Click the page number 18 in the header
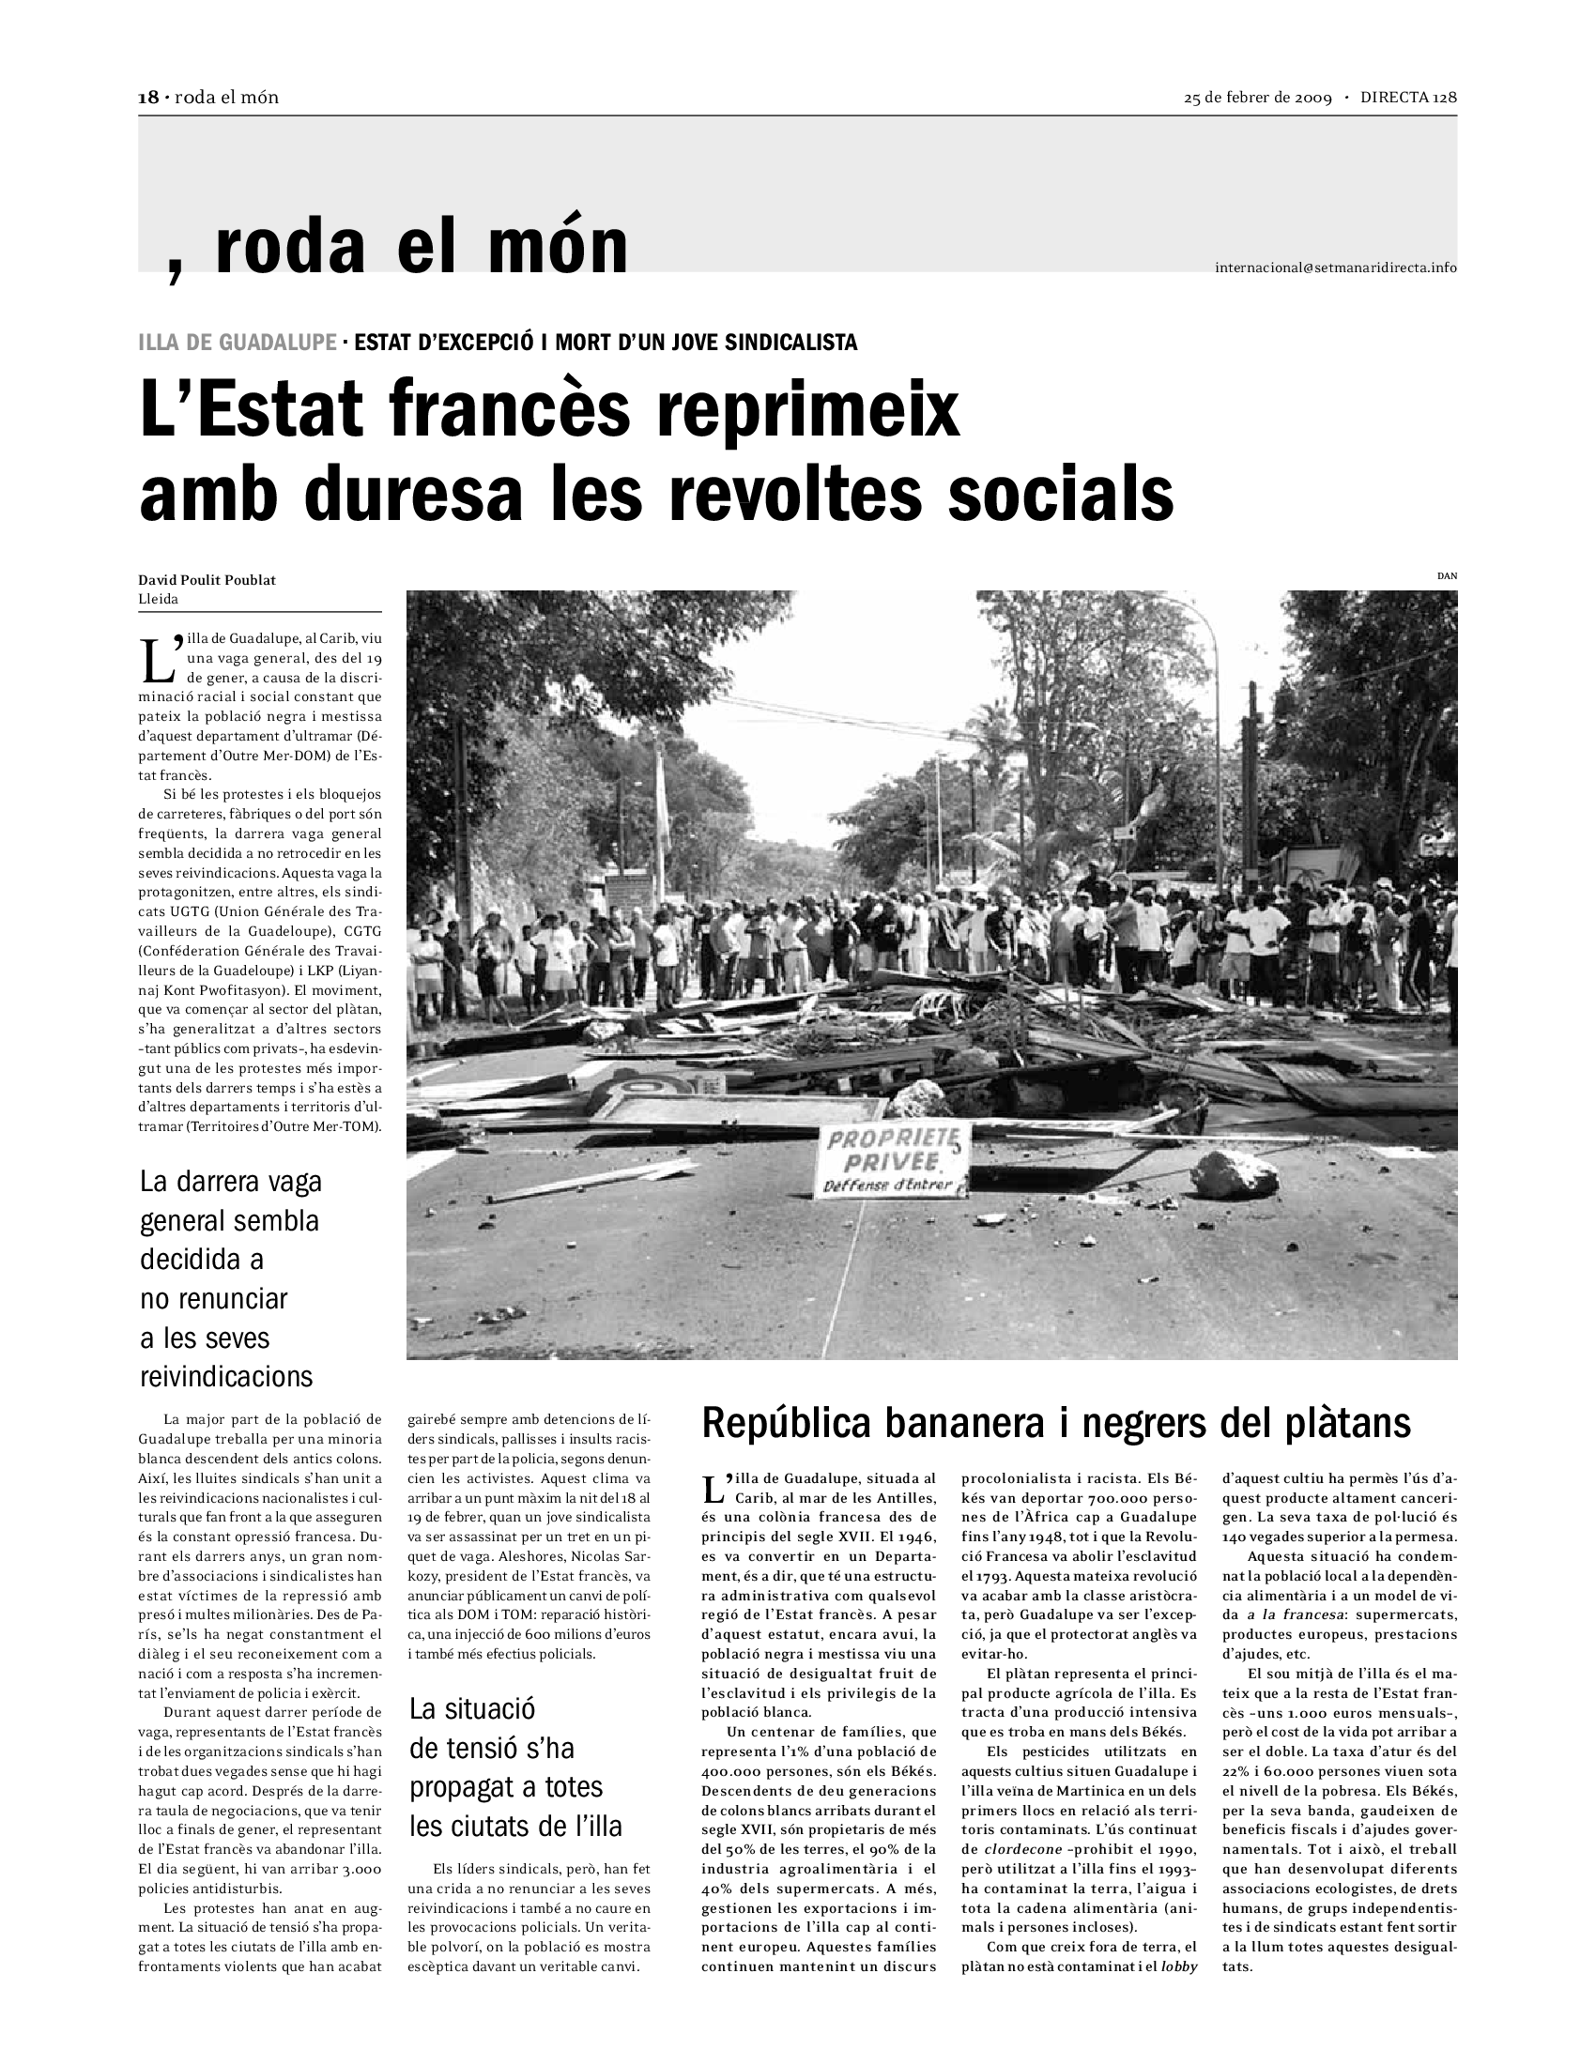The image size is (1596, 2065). click(147, 98)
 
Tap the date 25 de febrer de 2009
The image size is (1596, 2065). click(1257, 98)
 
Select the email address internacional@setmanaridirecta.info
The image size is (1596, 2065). click(1335, 268)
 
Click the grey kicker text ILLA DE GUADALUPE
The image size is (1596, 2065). click(238, 343)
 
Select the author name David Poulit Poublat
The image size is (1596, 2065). click(207, 579)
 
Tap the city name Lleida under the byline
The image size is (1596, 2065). click(158, 599)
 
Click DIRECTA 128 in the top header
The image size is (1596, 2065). click(1409, 98)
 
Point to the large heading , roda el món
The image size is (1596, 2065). click(397, 246)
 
